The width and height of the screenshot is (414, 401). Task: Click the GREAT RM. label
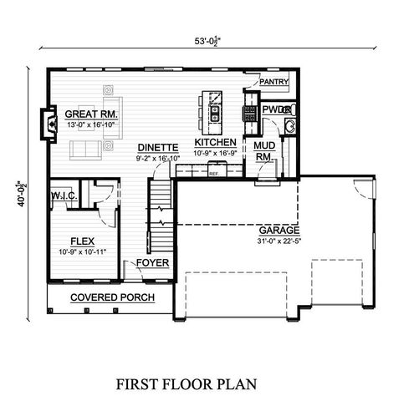[91, 113]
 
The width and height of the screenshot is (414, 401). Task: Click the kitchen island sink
[215, 108]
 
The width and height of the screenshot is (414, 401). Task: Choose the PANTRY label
[273, 82]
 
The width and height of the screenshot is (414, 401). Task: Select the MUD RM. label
[263, 150]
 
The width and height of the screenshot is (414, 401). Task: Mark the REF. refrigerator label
[214, 174]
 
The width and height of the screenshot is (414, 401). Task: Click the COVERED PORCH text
[104, 297]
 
